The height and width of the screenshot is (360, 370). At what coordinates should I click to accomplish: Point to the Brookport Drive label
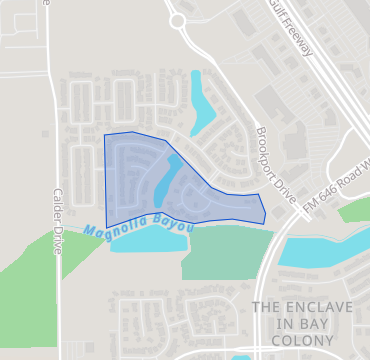tap(270, 160)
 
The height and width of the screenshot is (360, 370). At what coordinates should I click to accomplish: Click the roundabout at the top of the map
tap(178, 19)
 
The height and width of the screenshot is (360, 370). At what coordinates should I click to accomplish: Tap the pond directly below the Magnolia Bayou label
tap(145, 241)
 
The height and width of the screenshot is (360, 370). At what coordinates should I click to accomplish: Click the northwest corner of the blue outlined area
tap(105, 135)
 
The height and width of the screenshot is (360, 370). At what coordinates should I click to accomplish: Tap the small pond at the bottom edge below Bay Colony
tap(241, 356)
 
